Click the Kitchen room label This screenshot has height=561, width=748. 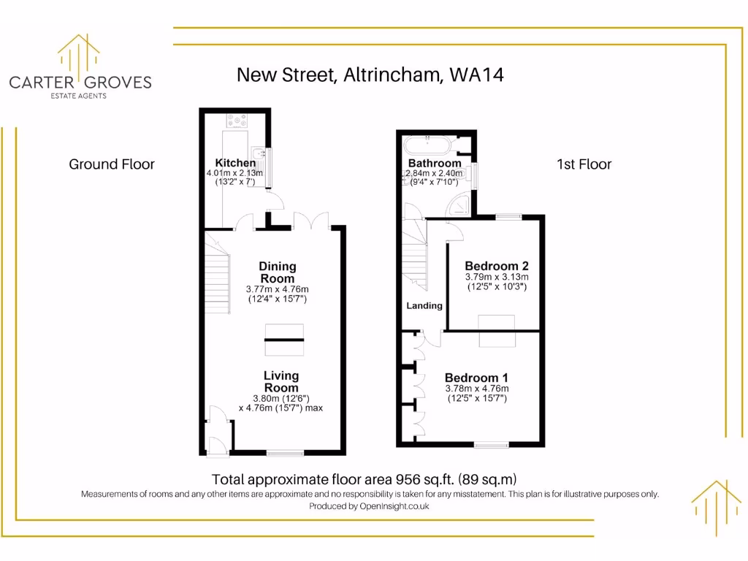tap(235, 163)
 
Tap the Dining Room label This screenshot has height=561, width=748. tap(278, 272)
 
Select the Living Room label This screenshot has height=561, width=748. tap(281, 381)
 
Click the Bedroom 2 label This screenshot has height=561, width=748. tap(497, 266)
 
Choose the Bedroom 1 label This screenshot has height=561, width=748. tap(476, 378)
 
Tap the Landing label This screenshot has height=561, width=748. tap(424, 305)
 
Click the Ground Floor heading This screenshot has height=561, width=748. tap(112, 164)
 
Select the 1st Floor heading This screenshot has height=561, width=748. tap(584, 164)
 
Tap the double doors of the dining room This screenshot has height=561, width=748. tap(312, 220)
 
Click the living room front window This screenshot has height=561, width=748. tap(285, 453)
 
